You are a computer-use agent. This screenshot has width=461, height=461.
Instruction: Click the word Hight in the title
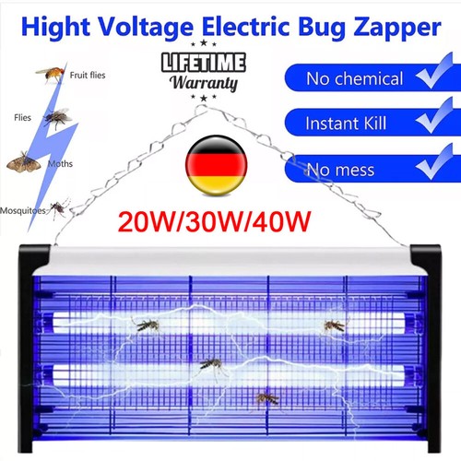[x=55, y=27]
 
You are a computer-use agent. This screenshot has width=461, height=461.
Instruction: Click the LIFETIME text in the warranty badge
[x=204, y=63]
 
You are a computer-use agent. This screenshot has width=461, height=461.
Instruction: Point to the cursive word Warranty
[x=204, y=83]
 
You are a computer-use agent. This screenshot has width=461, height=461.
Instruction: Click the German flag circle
[x=217, y=165]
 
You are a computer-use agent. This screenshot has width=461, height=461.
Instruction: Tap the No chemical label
[x=354, y=78]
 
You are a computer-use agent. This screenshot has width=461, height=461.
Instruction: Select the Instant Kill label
[x=346, y=124]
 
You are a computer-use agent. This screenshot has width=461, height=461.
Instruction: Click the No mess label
[x=341, y=170]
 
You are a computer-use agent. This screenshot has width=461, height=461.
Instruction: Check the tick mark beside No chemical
[x=435, y=71]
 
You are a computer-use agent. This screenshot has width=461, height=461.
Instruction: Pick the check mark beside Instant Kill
[x=435, y=116]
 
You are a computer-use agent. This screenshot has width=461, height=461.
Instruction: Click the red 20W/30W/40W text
[x=214, y=221]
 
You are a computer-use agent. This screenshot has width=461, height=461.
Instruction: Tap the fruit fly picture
[x=51, y=74]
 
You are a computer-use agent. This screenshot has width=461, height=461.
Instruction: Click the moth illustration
[x=24, y=162]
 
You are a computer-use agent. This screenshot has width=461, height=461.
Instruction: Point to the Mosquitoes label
[x=23, y=211]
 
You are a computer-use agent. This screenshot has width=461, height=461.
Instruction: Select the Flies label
[x=22, y=117]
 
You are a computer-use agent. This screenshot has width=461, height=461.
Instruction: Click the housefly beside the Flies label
[x=57, y=117]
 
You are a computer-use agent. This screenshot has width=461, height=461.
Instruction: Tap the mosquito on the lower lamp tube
[x=212, y=366]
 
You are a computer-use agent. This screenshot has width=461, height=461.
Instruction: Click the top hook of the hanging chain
[x=201, y=108]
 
